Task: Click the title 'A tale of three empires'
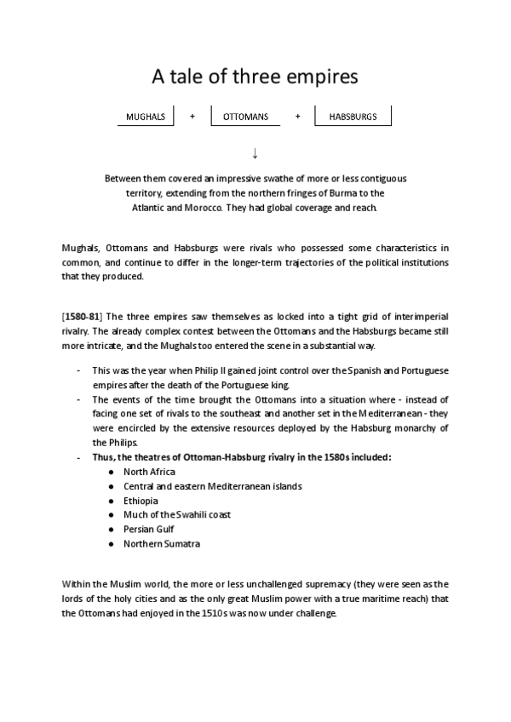[x=255, y=77]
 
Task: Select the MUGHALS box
[x=144, y=117]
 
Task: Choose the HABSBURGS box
[x=353, y=117]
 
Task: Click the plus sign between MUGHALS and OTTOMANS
[x=192, y=117]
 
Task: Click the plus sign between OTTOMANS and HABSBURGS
[x=297, y=117]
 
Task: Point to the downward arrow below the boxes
[x=255, y=153]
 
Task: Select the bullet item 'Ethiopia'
[x=141, y=501]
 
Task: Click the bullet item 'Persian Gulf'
[x=148, y=529]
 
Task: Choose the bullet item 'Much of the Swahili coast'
[x=177, y=514]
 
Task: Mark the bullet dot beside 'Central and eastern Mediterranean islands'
[x=112, y=486]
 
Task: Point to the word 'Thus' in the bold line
[x=102, y=457]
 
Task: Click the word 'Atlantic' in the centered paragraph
[x=152, y=208]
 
